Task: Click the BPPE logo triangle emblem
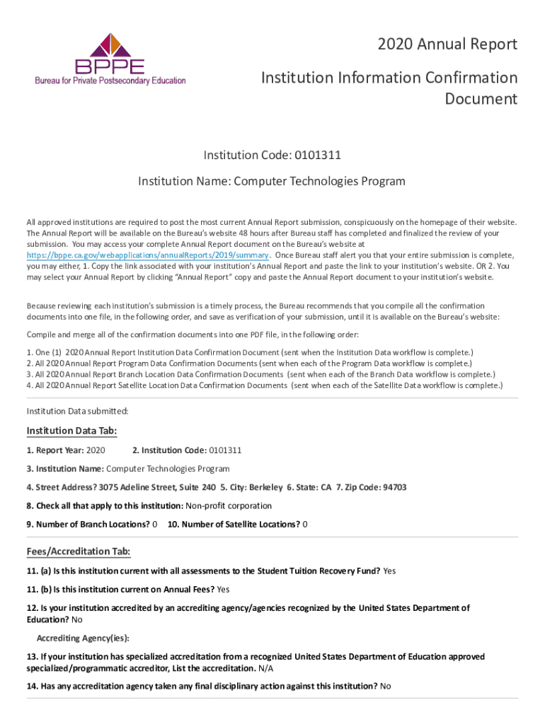(110, 45)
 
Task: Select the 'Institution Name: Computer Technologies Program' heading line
(272, 181)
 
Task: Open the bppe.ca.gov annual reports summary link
(148, 255)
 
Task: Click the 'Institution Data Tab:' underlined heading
(71, 431)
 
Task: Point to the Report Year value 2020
(96, 450)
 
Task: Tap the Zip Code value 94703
(394, 487)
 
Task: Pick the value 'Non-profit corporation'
(228, 506)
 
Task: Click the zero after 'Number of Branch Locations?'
(155, 524)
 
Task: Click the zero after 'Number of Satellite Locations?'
(305, 524)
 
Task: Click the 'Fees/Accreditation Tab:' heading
(78, 551)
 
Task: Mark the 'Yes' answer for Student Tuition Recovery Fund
(389, 571)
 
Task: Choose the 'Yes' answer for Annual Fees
(224, 589)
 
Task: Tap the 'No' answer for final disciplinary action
(386, 686)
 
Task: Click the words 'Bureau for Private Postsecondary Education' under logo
(110, 80)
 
